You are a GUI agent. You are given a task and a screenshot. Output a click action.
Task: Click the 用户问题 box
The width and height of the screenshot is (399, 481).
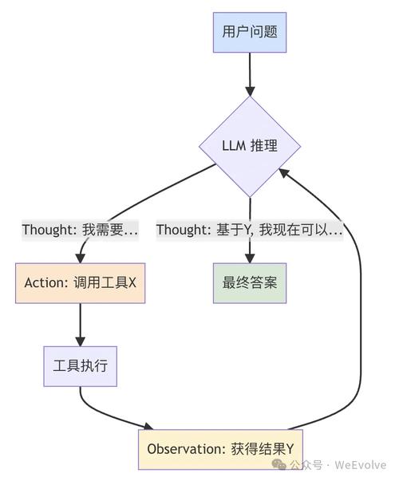click(x=250, y=32)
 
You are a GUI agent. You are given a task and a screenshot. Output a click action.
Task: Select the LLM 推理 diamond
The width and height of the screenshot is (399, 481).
click(x=250, y=147)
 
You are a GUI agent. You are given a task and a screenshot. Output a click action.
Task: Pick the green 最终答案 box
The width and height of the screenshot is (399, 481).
click(x=250, y=282)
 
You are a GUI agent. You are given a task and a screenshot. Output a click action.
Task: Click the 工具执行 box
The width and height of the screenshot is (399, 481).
click(x=80, y=366)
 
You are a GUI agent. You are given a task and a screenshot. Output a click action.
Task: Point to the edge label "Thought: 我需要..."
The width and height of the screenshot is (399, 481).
click(x=80, y=230)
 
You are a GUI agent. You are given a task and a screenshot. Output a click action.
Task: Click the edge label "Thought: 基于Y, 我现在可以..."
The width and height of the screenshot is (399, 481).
click(x=250, y=230)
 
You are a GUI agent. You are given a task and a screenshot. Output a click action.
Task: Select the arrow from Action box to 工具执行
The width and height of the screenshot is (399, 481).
click(x=80, y=323)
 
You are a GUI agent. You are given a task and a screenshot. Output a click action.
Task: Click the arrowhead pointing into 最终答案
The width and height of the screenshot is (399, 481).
click(x=250, y=257)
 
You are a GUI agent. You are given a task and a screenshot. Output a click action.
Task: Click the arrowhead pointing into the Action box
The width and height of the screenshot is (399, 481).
click(x=80, y=257)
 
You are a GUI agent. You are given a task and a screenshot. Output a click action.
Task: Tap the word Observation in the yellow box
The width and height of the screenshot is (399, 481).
click(x=177, y=448)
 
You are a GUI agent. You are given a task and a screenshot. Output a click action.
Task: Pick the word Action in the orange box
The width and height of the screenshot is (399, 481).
click(x=43, y=282)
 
